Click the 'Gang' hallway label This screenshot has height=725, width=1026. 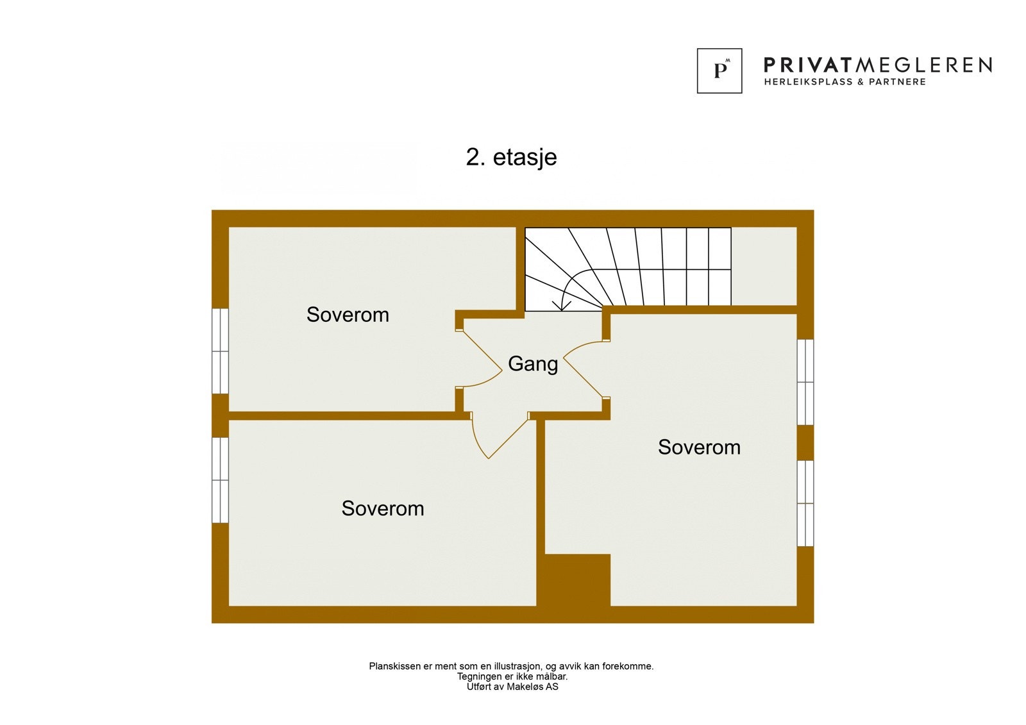coord(533,364)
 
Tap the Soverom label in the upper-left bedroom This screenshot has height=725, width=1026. coord(348,315)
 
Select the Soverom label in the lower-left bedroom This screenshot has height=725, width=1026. coord(383,508)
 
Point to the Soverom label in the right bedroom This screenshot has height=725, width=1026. coord(699,447)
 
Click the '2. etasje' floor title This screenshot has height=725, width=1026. coord(511,157)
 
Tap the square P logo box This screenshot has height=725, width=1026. coord(719,71)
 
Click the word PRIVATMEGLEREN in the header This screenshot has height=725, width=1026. coord(878,65)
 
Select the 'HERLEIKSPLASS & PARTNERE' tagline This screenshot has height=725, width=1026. coord(845,82)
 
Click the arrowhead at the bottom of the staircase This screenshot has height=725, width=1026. coord(562,306)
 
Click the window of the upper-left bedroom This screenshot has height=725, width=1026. coord(220,351)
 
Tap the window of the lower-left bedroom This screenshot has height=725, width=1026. coord(220,480)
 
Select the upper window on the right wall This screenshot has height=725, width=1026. coord(805,382)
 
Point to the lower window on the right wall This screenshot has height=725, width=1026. coord(805,503)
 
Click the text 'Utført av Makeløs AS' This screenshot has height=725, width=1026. coord(512,687)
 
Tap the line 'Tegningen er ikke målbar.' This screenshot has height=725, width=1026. coord(512,676)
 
